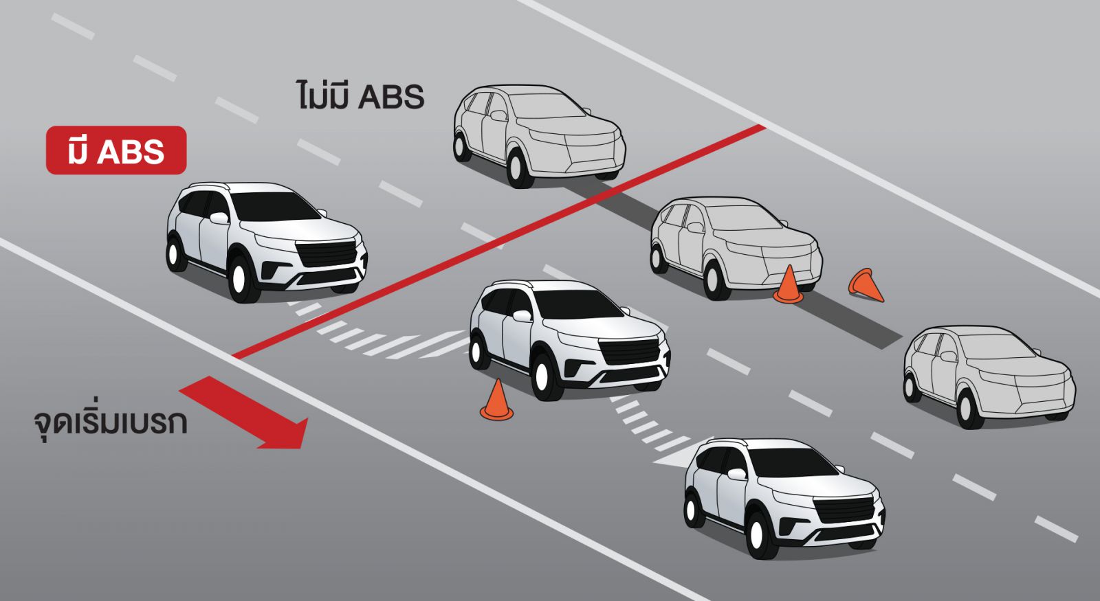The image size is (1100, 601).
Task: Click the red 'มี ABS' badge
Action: click(116, 150)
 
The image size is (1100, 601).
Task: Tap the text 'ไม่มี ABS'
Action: click(360, 95)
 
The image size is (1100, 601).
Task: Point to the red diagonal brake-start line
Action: click(498, 241)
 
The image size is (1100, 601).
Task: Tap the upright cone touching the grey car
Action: click(788, 284)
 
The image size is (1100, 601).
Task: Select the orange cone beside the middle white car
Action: click(496, 400)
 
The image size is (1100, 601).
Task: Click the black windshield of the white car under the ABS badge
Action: click(275, 206)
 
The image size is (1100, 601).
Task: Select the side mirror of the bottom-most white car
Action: click(737, 474)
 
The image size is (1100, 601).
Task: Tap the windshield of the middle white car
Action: click(577, 304)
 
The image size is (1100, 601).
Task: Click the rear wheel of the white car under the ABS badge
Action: click(175, 253)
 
